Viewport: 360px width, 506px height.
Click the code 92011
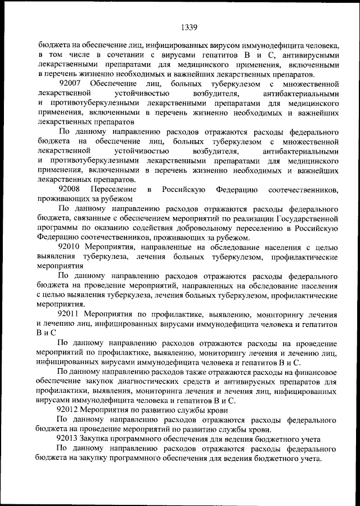[69, 313]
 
